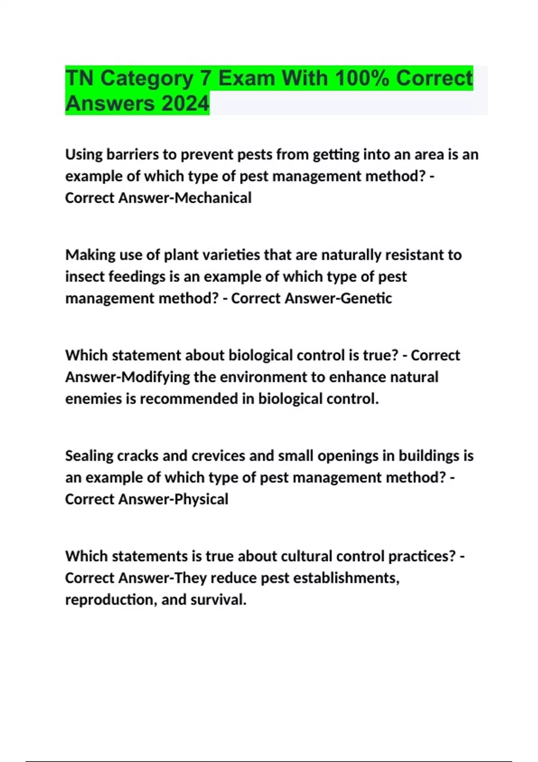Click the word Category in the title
pyautogui.click(x=147, y=78)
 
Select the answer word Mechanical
pyautogui.click(x=213, y=198)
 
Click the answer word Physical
pyautogui.click(x=201, y=499)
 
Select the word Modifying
pyautogui.click(x=156, y=377)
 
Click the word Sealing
pyautogui.click(x=89, y=456)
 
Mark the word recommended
pyautogui.click(x=189, y=398)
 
